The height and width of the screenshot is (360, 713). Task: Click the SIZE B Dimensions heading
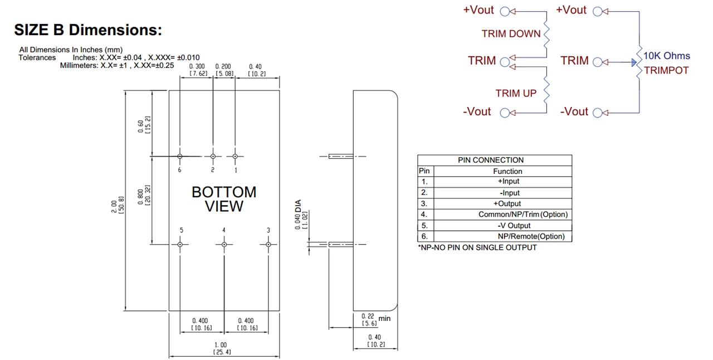[88, 30]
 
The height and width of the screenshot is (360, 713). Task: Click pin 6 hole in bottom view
[180, 157]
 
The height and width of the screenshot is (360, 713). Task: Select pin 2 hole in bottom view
[213, 157]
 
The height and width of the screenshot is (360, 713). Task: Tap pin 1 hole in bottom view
[235, 157]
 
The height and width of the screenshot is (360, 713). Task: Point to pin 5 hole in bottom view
[180, 244]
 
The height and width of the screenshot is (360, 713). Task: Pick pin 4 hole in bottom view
[224, 244]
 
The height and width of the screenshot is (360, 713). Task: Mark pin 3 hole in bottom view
[268, 244]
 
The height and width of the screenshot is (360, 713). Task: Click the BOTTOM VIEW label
[224, 199]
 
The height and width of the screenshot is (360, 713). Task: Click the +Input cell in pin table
[507, 182]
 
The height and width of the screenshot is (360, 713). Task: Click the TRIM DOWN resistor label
[511, 34]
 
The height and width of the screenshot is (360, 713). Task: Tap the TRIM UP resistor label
[516, 94]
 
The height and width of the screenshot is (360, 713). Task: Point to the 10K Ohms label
[667, 56]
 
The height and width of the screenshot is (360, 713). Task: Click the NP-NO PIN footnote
[477, 247]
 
